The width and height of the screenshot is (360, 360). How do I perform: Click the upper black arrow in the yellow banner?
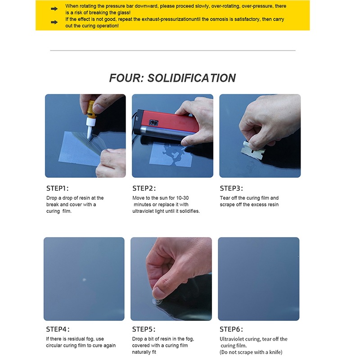point(54,9)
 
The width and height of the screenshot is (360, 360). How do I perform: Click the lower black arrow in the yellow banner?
point(54,22)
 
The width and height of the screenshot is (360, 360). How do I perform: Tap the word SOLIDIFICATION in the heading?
point(192,78)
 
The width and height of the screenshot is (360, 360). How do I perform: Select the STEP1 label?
point(58,188)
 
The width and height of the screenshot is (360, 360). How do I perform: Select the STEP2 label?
point(144,188)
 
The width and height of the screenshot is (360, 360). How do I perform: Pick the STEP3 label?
point(231,188)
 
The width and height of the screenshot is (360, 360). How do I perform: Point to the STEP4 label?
point(58,329)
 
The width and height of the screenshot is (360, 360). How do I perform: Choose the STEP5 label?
point(144,329)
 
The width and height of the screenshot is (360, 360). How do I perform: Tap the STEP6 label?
point(231,329)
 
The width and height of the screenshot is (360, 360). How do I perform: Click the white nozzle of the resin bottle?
point(90,129)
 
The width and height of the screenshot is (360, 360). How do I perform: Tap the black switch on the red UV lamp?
point(153,123)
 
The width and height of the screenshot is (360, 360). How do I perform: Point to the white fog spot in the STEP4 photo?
point(84,279)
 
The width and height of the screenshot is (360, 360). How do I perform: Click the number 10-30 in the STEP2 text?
point(182,198)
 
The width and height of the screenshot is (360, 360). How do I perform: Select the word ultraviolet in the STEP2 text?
point(143,211)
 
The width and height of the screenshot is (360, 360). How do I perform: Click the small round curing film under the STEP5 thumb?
point(158,301)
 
